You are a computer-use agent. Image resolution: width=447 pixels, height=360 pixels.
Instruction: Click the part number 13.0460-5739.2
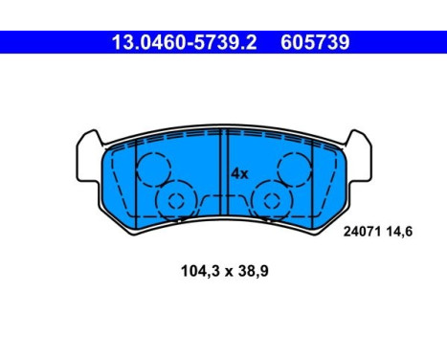184,42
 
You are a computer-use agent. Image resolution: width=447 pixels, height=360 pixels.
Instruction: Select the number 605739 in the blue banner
315,42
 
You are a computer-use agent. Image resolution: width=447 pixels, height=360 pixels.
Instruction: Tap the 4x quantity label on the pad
239,174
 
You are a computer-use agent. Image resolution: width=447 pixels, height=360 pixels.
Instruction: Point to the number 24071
363,232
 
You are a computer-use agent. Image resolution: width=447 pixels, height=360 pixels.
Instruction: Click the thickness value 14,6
399,232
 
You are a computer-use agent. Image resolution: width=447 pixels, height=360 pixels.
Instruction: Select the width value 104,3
200,271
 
